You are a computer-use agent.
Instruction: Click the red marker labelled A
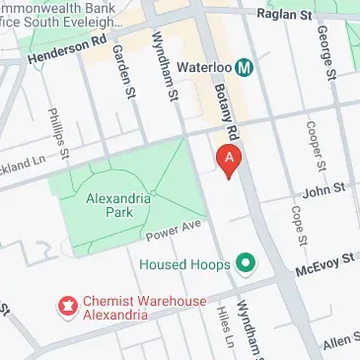click(229, 160)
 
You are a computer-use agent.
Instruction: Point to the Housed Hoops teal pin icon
click(247, 264)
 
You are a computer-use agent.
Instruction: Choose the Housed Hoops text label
click(184, 264)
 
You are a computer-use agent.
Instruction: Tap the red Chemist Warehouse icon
click(68, 307)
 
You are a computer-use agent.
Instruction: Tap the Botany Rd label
click(224, 107)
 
